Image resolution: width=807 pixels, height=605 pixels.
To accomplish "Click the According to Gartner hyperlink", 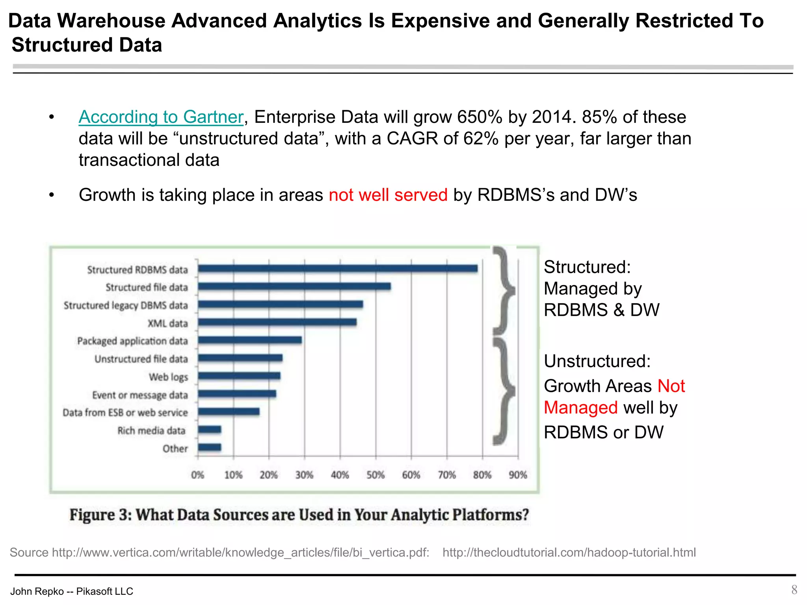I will (x=161, y=117).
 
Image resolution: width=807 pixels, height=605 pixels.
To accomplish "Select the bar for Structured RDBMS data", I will (x=337, y=269).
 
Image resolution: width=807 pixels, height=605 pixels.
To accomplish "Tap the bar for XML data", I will (x=277, y=322).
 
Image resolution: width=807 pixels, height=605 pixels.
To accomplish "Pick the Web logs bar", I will (x=239, y=376).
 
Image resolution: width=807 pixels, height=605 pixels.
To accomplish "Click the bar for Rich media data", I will (x=209, y=429).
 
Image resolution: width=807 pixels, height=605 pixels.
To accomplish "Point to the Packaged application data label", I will (x=132, y=341).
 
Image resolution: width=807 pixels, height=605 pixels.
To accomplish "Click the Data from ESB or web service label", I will (x=125, y=412).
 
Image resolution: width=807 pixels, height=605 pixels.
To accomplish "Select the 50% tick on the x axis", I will (x=375, y=475).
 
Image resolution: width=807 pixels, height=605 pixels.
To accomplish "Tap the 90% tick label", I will (x=517, y=475).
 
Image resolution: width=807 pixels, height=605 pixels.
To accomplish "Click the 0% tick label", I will (x=197, y=475).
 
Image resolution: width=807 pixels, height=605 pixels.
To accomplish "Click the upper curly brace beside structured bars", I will (x=504, y=291).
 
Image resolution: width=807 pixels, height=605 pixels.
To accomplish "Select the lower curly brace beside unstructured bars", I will (x=504, y=391).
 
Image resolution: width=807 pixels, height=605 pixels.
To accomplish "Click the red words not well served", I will (x=388, y=195).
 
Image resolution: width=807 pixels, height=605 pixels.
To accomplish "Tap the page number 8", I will (x=794, y=590).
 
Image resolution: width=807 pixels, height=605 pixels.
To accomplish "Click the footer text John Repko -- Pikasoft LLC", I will (x=72, y=591).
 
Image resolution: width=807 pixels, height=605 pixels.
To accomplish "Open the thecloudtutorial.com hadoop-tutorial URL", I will (x=569, y=552).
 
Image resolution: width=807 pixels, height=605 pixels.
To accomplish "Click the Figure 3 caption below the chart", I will (x=299, y=515).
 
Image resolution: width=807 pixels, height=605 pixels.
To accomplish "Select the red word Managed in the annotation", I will (x=580, y=408).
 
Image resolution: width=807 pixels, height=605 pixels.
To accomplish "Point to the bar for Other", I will (x=209, y=447).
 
